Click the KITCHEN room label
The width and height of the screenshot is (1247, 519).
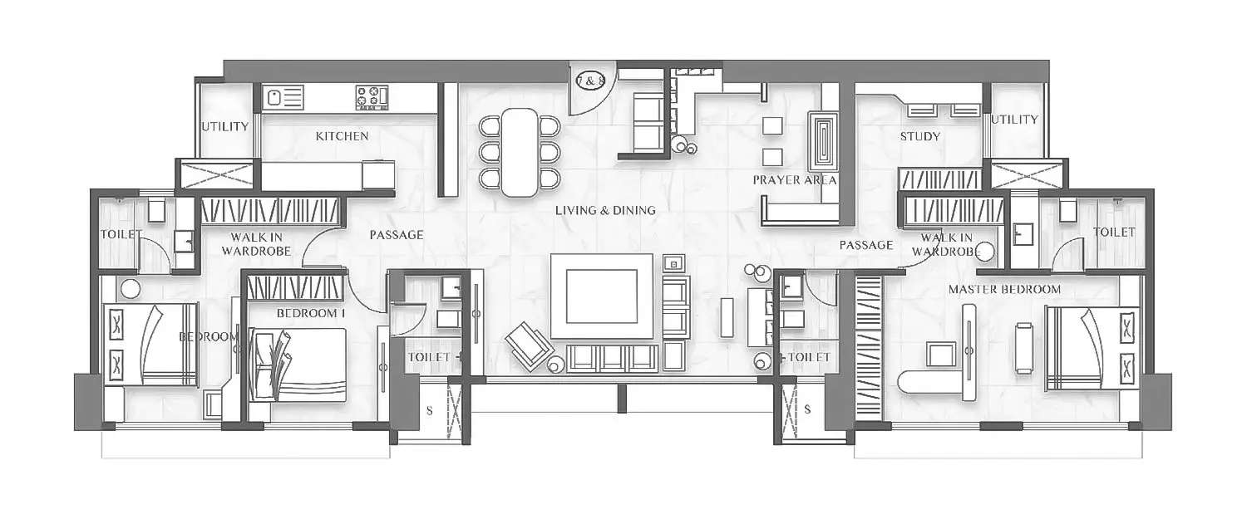click(x=342, y=136)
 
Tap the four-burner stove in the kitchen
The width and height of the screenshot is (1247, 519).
click(x=372, y=96)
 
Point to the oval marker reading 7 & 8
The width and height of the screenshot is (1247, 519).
click(x=591, y=81)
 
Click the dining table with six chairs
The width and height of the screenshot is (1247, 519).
click(x=520, y=152)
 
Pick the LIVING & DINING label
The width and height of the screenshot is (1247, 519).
click(x=605, y=210)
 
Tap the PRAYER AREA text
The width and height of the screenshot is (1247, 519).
click(x=795, y=179)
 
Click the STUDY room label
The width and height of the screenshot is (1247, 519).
click(x=920, y=136)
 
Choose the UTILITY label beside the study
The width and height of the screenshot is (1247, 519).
click(x=1014, y=120)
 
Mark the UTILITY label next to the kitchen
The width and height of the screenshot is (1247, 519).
click(x=224, y=127)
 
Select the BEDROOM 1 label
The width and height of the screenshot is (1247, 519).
click(x=310, y=313)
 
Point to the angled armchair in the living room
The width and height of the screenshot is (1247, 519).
click(x=530, y=343)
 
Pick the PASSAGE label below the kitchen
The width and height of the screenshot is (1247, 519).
click(x=397, y=235)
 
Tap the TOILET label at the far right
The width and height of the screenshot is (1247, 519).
click(x=1114, y=233)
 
